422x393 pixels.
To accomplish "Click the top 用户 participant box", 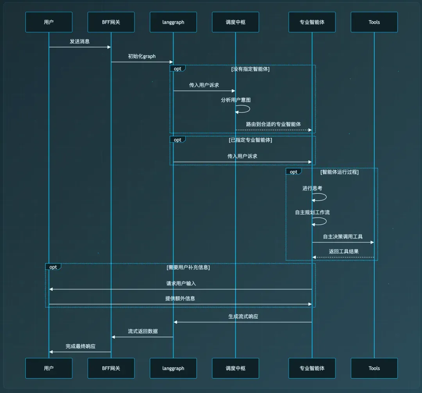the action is pos(49,22).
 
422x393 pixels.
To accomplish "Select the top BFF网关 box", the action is pos(111,22).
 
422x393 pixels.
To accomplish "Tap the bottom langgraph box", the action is pos(173,368).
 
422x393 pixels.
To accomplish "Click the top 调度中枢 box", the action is pos(236,22).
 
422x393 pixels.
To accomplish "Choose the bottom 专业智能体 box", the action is pos(312,368).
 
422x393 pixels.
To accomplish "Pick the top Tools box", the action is pos(374,22).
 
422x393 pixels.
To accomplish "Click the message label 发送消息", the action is pos(80,41).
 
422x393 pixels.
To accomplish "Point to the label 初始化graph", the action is pos(142,57).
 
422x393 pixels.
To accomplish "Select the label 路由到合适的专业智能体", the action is pos(274,124).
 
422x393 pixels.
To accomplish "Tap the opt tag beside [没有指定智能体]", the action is pos(177,69).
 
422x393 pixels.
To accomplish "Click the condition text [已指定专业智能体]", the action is pos(250,140).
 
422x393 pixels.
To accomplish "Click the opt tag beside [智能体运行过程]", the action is pos(293,172).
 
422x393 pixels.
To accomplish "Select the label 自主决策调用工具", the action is pos(343,237).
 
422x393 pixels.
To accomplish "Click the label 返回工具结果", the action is pos(344,251).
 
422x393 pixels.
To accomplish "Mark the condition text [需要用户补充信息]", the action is pos(188,267).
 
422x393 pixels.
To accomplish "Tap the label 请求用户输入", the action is pos(181,283).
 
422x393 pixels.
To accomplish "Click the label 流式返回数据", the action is pos(143,331).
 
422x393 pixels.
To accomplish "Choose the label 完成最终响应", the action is pos(80,346).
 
